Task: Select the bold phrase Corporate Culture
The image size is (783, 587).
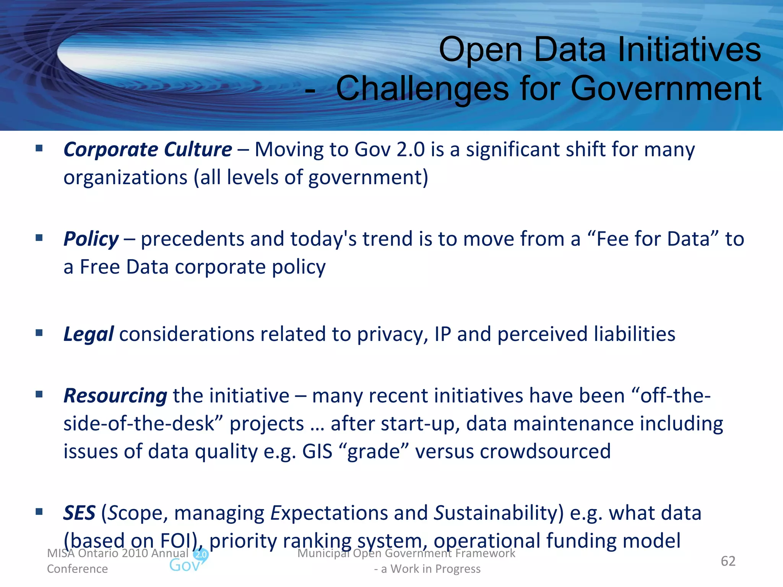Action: tap(148, 149)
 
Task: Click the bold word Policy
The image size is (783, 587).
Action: tap(91, 239)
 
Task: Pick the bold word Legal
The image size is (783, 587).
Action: tap(88, 334)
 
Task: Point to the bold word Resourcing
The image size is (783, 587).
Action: tap(115, 396)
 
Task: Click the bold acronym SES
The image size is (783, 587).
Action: tap(79, 513)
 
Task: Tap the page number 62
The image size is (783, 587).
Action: tap(728, 561)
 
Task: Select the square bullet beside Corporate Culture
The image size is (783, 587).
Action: tap(39, 148)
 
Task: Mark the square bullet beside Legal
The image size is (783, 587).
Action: tap(39, 333)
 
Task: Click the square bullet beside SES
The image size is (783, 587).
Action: tap(39, 512)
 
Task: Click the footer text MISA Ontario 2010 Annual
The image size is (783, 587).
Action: tap(118, 553)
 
